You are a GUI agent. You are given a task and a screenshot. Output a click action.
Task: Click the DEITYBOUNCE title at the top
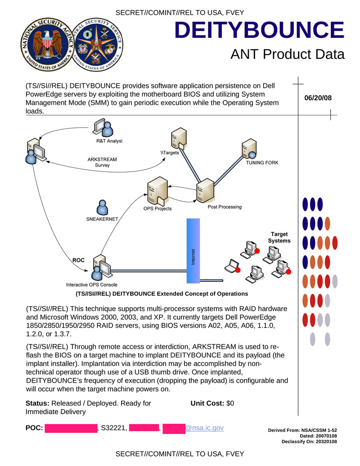tap(259, 30)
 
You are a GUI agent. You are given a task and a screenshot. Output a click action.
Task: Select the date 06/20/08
tap(318, 98)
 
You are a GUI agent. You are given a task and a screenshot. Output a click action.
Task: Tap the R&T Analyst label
tap(109, 141)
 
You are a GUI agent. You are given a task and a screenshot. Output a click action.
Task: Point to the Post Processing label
tap(225, 207)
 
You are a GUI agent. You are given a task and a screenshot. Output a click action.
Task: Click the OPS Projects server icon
tap(154, 191)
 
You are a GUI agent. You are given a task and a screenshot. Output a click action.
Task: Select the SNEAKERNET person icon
tap(103, 207)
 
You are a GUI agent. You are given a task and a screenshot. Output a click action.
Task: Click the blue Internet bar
tap(193, 250)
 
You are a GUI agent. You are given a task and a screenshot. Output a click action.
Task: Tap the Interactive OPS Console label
tap(92, 285)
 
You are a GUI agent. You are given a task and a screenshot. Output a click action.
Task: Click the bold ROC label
tap(79, 260)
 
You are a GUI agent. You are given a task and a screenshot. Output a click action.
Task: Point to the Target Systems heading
tap(279, 237)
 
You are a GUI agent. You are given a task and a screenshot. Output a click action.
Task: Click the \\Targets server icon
tap(178, 138)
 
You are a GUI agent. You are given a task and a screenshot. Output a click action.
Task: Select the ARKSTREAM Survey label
tap(102, 162)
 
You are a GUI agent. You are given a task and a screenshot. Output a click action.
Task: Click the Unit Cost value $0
tap(230, 403)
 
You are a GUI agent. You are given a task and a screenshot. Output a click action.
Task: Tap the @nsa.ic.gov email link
tap(205, 428)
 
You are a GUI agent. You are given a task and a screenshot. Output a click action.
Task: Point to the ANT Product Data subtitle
tap(287, 54)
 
